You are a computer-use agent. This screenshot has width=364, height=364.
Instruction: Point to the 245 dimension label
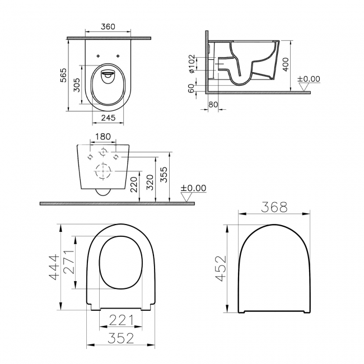(109, 118)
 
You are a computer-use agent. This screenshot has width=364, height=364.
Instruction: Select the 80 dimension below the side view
(213, 104)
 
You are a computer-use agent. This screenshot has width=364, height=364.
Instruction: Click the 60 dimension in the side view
(192, 88)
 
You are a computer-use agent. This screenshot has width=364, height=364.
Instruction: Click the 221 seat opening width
(120, 320)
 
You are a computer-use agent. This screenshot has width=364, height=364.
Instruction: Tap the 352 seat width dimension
(120, 338)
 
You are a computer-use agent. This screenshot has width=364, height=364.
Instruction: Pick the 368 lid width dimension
(274, 207)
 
